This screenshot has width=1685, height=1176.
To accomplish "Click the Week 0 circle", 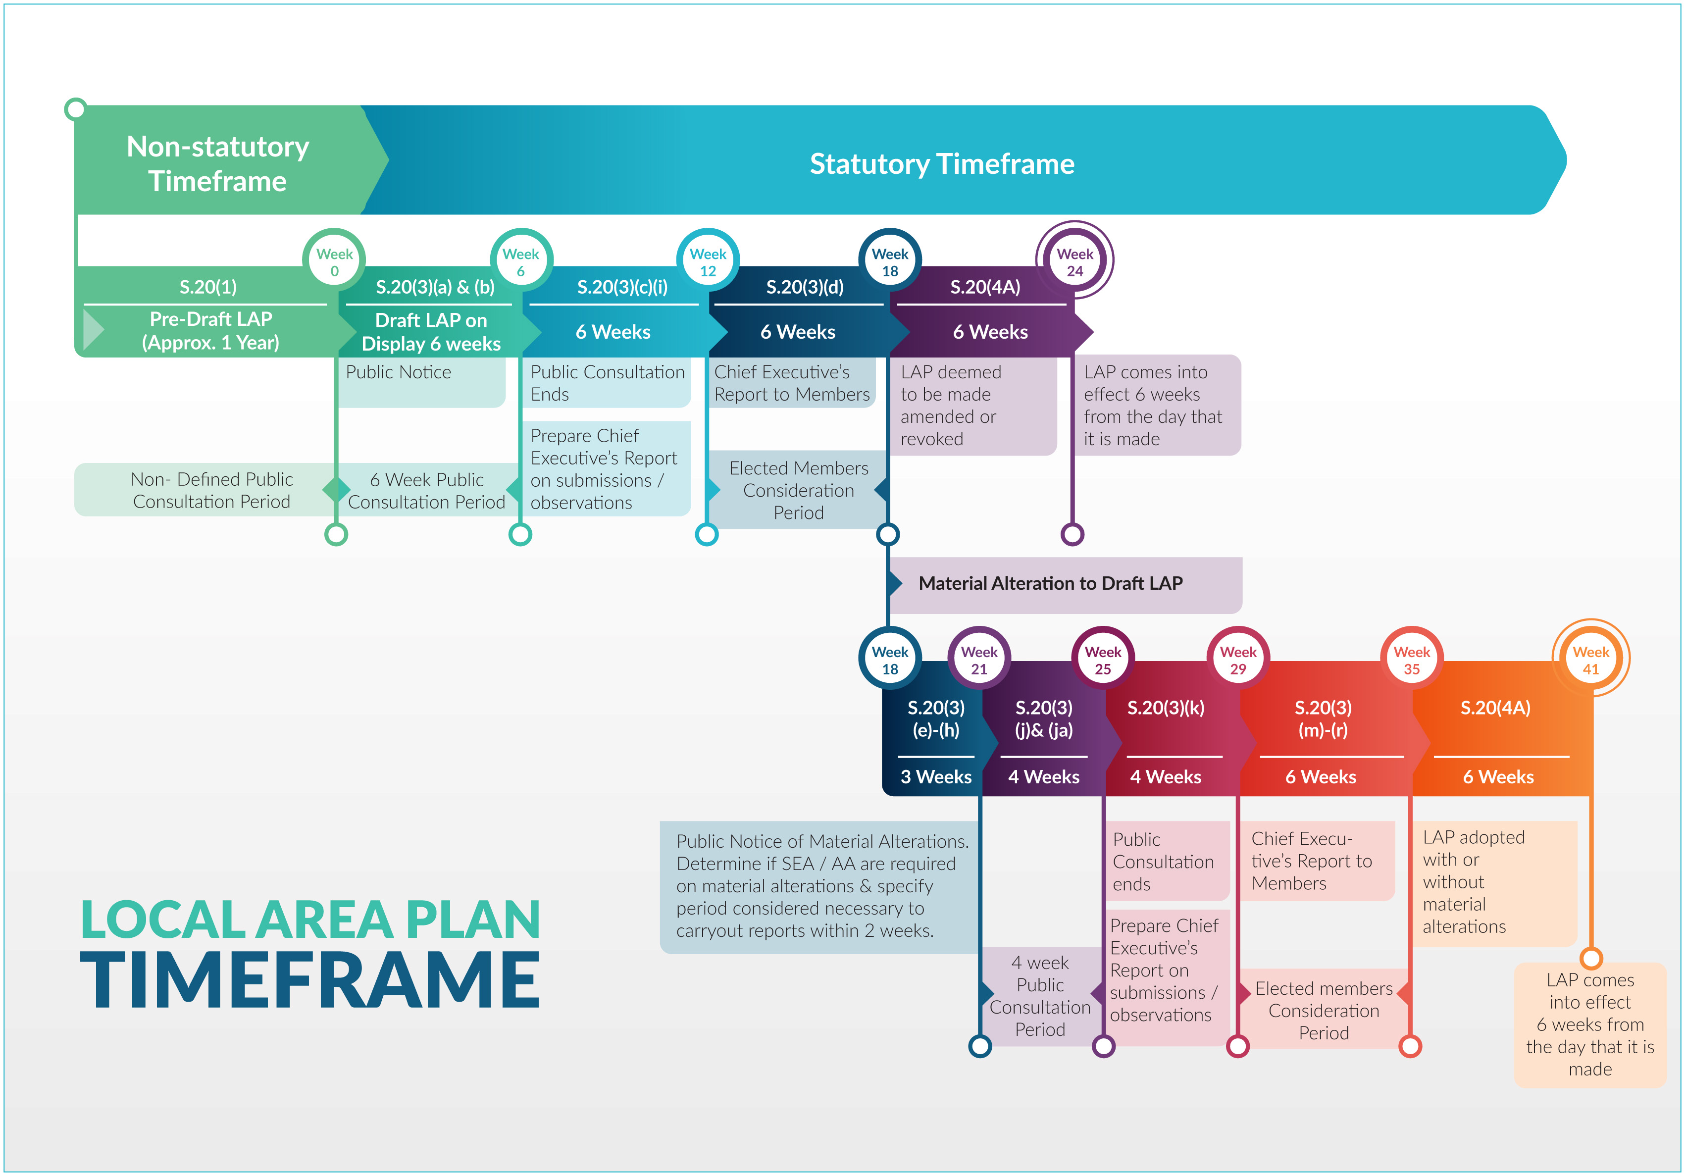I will coord(335,262).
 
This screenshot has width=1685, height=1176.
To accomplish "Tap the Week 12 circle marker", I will coord(708,262).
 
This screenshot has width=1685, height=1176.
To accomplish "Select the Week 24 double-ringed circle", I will coord(1074,262).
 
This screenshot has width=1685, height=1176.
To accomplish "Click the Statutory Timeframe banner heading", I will coord(942,164).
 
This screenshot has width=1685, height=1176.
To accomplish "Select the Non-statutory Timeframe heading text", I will coord(218,164).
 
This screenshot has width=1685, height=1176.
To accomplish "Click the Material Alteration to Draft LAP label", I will coord(1050,584).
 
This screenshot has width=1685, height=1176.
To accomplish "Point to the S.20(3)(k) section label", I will coord(1166,708).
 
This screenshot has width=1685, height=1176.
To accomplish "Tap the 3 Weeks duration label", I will coord(936,777).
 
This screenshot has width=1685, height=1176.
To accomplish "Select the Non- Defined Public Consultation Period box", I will coord(211,490).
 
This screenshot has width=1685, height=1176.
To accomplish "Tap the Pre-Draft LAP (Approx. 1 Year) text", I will coord(210,330).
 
